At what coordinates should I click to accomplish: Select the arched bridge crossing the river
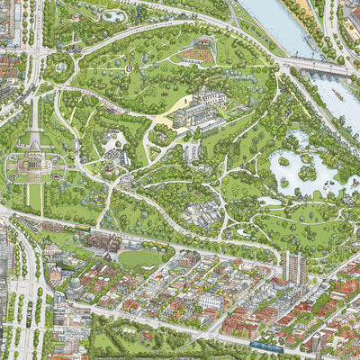(x=316, y=66)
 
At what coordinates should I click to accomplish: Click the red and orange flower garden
(x=196, y=56)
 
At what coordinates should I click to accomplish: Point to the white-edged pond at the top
(x=114, y=15)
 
